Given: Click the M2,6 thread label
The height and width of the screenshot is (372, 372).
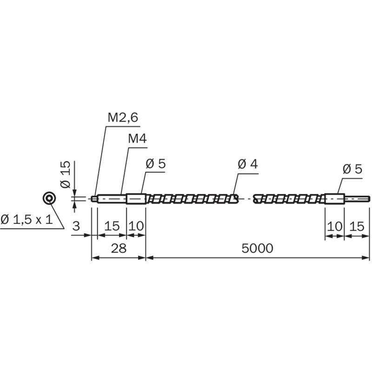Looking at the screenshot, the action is click(x=123, y=118).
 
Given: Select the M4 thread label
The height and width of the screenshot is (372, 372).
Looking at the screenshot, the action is click(x=137, y=139).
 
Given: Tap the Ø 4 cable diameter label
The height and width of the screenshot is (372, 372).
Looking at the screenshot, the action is click(x=248, y=164).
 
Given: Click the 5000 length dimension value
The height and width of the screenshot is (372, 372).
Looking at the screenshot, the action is click(x=257, y=248).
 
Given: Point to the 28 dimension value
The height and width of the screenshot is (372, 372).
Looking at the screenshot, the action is click(x=119, y=248).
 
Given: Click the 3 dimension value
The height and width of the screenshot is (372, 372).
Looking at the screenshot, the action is click(x=76, y=226).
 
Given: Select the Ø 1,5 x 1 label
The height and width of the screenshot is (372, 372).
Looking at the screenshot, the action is click(x=27, y=219).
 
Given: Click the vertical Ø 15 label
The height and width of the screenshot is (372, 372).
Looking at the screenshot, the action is click(x=66, y=174).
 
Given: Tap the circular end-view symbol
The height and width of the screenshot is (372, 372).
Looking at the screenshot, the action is click(x=49, y=198).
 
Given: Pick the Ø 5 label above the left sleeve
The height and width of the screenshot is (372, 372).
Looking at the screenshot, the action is click(x=156, y=164).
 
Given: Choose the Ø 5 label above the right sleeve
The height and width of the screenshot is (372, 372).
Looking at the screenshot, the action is click(x=352, y=169).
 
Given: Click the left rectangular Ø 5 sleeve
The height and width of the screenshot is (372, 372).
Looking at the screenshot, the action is click(x=136, y=199).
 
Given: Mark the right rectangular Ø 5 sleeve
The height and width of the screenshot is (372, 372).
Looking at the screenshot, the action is click(x=334, y=199).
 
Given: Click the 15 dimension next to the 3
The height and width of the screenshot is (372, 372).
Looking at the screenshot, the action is click(x=112, y=226).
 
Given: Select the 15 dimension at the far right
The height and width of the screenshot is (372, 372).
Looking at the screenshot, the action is click(x=357, y=226).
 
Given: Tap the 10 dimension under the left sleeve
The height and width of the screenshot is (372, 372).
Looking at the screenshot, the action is click(x=136, y=226).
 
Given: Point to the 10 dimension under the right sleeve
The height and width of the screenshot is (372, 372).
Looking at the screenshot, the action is click(x=334, y=226).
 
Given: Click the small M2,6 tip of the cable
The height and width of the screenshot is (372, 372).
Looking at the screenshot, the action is click(x=94, y=199).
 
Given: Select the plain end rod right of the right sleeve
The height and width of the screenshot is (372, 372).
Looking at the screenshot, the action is click(x=357, y=199).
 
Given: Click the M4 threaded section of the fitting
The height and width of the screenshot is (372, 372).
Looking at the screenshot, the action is click(x=112, y=199).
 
